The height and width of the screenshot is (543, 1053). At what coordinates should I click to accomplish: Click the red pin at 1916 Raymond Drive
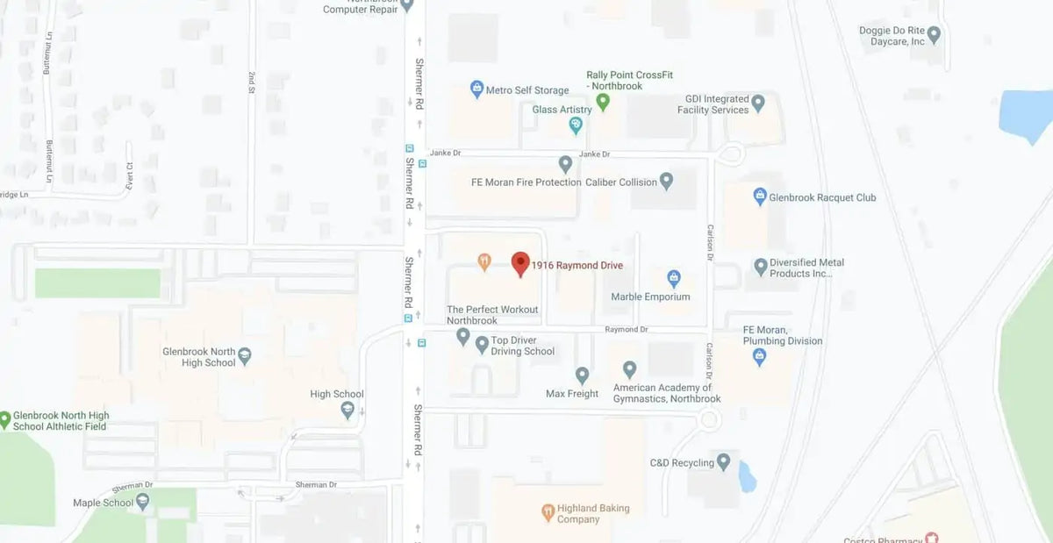point(520,263)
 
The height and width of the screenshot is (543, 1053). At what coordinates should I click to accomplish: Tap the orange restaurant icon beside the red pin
point(484,261)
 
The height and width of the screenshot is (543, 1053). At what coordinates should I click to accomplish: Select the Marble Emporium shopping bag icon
point(674,278)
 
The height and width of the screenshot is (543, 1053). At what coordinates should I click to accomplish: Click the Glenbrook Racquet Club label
point(822,197)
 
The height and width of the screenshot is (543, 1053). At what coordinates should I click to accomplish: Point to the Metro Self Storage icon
point(476,89)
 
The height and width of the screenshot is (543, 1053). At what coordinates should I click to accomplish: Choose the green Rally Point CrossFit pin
point(603,102)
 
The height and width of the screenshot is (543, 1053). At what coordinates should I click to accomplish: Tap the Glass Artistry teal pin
point(576,125)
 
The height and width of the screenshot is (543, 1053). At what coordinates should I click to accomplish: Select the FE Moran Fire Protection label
point(526,182)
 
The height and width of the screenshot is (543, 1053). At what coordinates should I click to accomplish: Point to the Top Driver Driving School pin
point(482,345)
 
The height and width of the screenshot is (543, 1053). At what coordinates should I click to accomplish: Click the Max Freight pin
point(582,375)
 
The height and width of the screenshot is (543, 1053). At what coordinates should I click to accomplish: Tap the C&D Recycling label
point(682,462)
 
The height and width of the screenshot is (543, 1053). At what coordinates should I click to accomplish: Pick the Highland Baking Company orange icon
point(548,511)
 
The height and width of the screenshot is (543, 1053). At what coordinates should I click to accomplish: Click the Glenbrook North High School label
point(199,357)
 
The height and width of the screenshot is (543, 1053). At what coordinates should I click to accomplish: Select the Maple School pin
point(143,502)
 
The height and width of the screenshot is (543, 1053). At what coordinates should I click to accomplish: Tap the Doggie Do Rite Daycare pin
point(934,35)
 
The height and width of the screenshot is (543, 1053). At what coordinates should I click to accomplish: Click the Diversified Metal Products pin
point(761,265)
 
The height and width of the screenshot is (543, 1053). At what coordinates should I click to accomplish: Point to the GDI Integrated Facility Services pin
point(758,103)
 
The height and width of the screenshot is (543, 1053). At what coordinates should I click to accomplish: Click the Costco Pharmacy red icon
point(931,538)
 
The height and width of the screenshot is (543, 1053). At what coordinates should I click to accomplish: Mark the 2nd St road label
point(251,83)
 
